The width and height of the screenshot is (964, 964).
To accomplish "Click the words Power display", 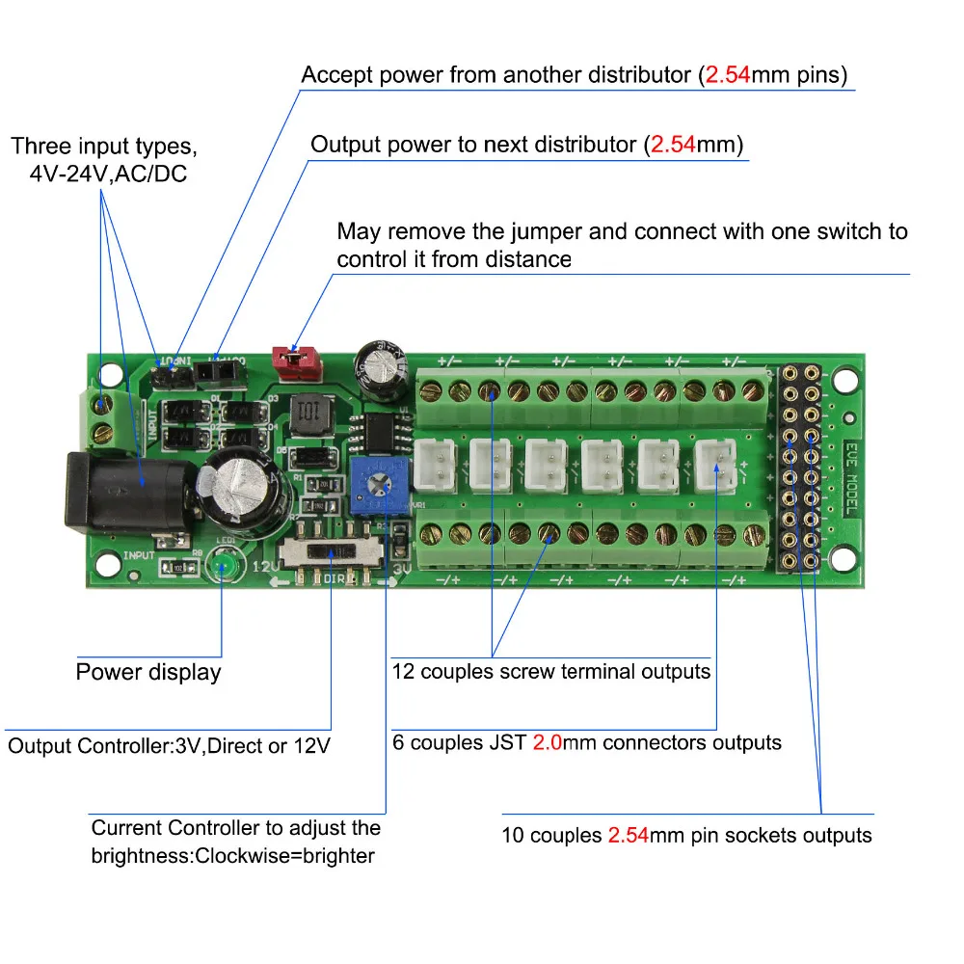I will click(148, 672).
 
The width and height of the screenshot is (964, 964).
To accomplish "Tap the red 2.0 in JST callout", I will click(546, 743).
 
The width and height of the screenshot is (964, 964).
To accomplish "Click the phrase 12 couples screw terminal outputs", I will click(551, 672).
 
